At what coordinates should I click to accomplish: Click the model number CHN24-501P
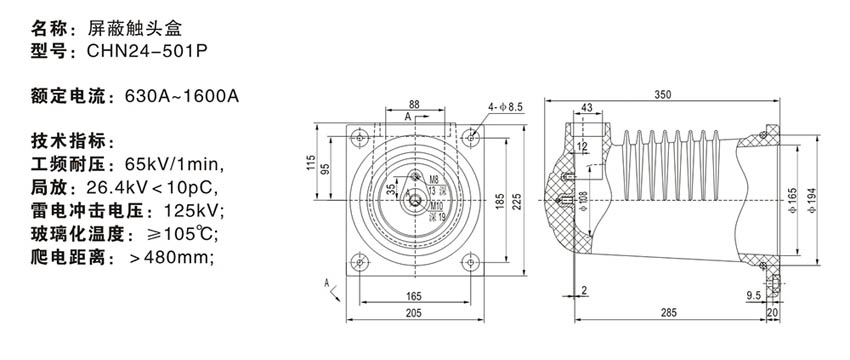[147, 51]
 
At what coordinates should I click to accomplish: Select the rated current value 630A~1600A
[182, 97]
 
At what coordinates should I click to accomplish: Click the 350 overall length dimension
[663, 94]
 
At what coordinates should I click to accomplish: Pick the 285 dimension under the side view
[669, 313]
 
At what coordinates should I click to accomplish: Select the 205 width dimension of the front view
[414, 313]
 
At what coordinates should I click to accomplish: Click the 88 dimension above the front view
[414, 104]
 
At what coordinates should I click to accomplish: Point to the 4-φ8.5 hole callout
[504, 108]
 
